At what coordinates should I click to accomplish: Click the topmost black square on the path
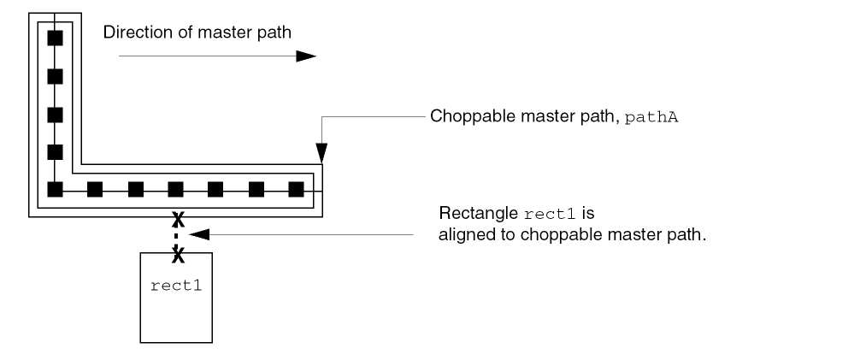pos(55,38)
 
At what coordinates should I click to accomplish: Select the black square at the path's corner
pos(55,189)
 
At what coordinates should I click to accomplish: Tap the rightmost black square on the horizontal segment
pos(297,189)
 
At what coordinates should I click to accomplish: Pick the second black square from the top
pos(55,76)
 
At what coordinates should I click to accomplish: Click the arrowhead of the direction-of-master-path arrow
pos(306,56)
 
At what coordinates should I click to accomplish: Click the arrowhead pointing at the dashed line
pos(199,233)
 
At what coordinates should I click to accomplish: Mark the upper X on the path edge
pos(178,218)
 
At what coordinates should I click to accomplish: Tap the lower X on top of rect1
pos(178,253)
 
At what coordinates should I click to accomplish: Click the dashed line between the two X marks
pos(178,235)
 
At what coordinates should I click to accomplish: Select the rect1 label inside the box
pos(177,284)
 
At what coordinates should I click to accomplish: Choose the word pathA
pos(654,117)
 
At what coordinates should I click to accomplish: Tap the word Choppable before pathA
pos(467,117)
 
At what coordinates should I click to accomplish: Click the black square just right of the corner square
pos(95,189)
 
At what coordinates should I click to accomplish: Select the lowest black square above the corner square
pos(55,152)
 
